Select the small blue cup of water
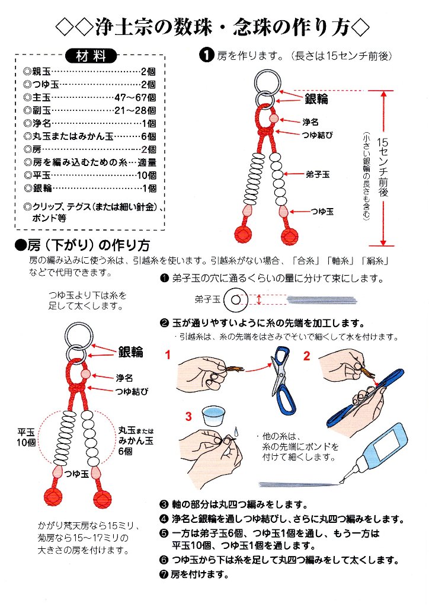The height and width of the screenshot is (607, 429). (x=213, y=416)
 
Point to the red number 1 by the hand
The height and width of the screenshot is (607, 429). (x=168, y=356)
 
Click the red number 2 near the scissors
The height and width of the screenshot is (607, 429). (x=307, y=356)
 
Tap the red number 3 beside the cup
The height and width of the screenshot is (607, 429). (x=188, y=417)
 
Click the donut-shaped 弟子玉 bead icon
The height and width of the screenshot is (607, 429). (x=235, y=300)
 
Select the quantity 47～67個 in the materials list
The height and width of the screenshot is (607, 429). (x=135, y=97)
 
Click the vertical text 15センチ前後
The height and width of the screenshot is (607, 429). (x=384, y=168)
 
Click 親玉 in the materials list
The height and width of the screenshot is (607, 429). (x=41, y=71)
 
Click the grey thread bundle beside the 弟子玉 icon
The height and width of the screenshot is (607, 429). (x=320, y=300)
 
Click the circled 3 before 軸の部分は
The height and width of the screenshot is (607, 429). (x=164, y=504)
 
